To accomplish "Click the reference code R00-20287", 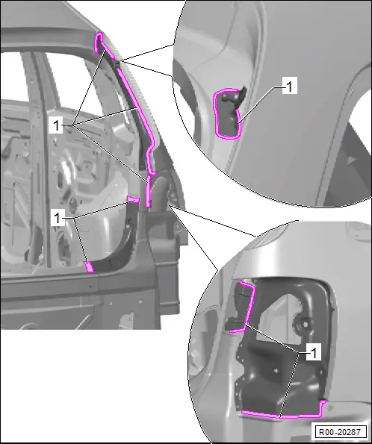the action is pos(340,432).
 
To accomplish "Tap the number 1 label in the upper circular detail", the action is pos(290,86).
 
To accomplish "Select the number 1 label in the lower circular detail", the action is pos(314,352).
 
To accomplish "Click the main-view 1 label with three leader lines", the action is pos(56,125).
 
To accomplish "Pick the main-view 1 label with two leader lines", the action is pos(58,218).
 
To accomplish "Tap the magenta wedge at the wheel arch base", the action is pos(89,266).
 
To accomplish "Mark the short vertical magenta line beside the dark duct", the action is pos(148,192).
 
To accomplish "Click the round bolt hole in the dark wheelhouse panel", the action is pos(305,323).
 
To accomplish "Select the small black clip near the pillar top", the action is pos(117,65).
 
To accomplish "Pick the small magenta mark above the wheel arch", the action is pos(133,199).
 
